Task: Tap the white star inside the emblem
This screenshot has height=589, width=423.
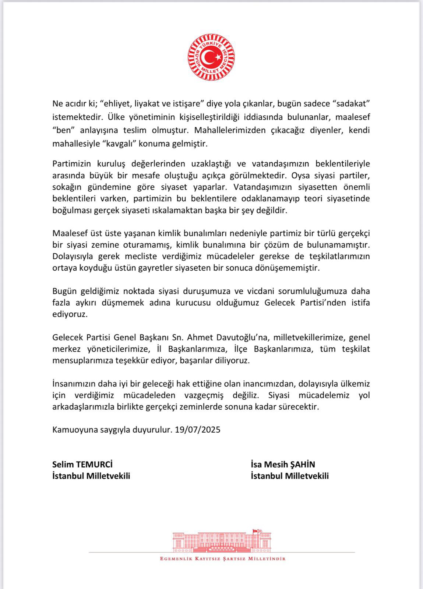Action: tap(218, 57)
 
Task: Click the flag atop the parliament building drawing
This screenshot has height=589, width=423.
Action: tap(254, 531)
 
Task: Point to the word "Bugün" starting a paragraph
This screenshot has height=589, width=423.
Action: tap(64, 291)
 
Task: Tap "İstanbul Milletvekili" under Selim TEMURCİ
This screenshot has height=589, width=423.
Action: tap(91, 476)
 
